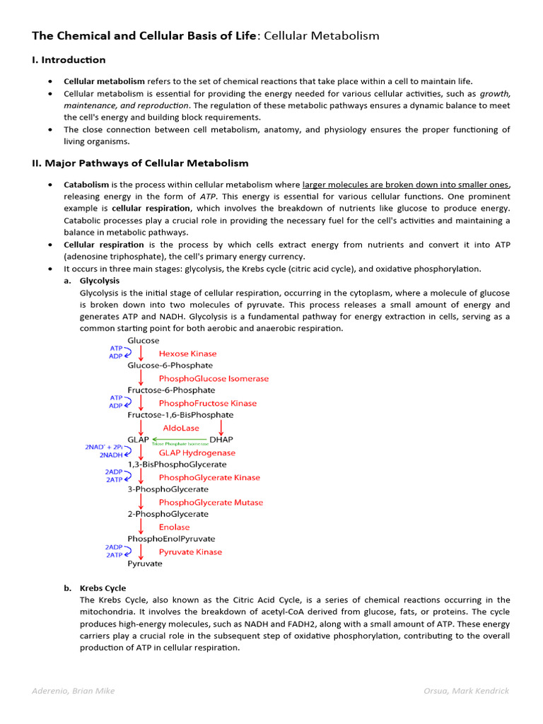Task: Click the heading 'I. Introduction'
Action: point(69,60)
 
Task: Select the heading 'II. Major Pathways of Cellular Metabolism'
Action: point(140,163)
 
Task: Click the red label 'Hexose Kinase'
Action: point(187,354)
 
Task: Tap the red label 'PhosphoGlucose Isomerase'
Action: point(214,378)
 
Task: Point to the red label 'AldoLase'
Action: point(181,428)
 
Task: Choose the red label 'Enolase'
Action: point(174,527)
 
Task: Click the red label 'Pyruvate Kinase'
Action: point(190,551)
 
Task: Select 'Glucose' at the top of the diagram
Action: point(144,341)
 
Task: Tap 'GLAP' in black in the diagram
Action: point(139,440)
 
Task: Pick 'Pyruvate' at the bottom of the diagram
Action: point(145,564)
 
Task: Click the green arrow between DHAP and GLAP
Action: point(180,439)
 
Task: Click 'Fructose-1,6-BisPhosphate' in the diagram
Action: point(180,415)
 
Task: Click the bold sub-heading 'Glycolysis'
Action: point(100,281)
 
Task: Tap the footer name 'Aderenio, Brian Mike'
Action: point(74,691)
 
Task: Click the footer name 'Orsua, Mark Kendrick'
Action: point(467,691)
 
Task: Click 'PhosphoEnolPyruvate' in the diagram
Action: point(171,539)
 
